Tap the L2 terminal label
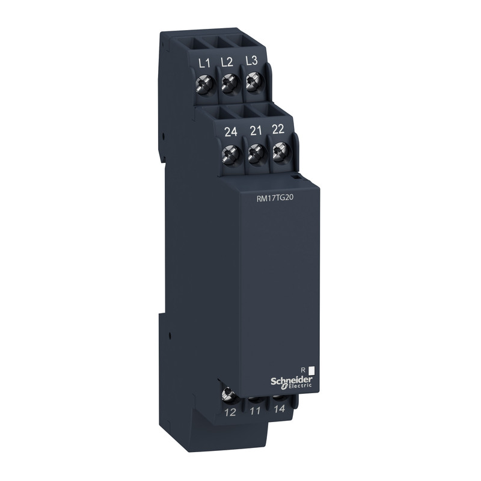(227, 61)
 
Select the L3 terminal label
(252, 61)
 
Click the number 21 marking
(256, 132)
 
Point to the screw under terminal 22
(279, 153)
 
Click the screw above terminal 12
(228, 394)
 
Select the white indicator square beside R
(311, 372)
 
